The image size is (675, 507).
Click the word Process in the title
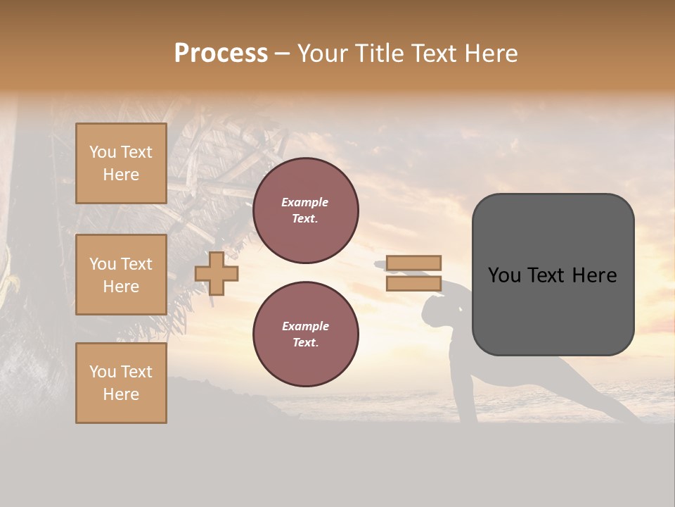point(221,54)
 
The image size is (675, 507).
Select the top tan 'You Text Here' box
point(121,163)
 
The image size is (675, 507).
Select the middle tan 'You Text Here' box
point(121,275)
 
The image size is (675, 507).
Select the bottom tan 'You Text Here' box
point(121,383)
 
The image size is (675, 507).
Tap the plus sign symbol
point(217,273)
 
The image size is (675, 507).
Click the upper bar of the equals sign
point(413,263)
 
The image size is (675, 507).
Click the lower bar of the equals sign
point(413,284)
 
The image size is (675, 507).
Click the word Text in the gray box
point(553,275)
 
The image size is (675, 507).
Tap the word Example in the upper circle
point(305,202)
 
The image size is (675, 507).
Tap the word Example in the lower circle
point(305,326)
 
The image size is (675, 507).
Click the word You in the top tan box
point(102,152)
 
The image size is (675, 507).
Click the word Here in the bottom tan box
point(121,394)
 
